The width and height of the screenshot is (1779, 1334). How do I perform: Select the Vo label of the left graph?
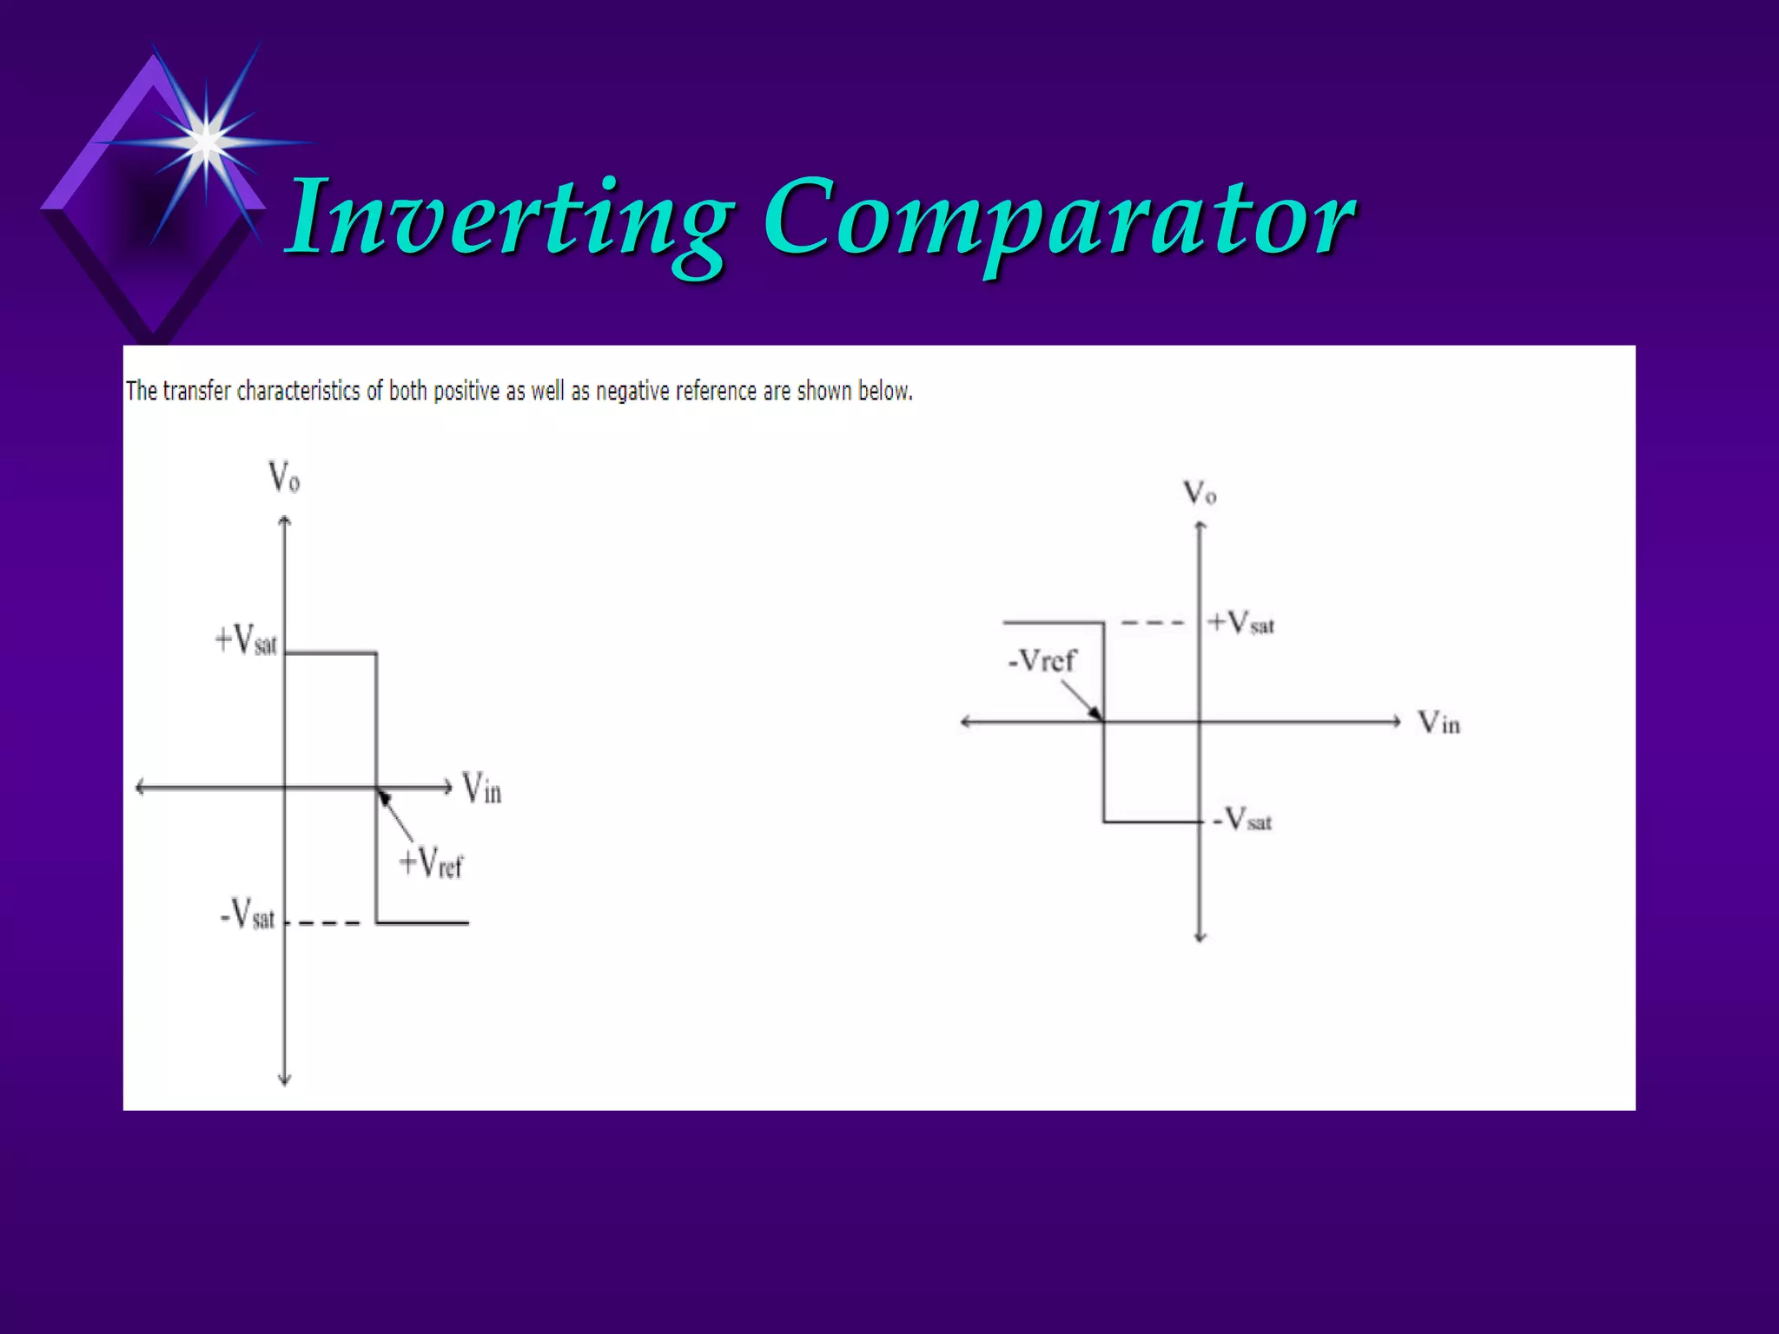tap(284, 478)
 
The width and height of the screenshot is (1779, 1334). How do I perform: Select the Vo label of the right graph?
tap(1200, 494)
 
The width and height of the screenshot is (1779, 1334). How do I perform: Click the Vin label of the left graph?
tap(481, 789)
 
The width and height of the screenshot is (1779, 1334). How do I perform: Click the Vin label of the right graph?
tap(1438, 723)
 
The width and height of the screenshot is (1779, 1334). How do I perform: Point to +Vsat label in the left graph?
tap(246, 641)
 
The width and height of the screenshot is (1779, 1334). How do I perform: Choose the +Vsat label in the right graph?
tap(1241, 623)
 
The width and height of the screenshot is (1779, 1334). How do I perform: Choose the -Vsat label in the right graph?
tap(1243, 819)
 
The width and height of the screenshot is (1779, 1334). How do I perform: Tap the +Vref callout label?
tap(431, 863)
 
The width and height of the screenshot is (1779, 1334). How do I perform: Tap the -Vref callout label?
tap(1041, 661)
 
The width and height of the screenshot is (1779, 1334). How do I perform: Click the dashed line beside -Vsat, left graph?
tap(324, 922)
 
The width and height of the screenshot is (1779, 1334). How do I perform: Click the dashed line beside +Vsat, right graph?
tap(1152, 623)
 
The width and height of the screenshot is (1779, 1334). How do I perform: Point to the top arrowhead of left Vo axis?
tap(284, 521)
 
